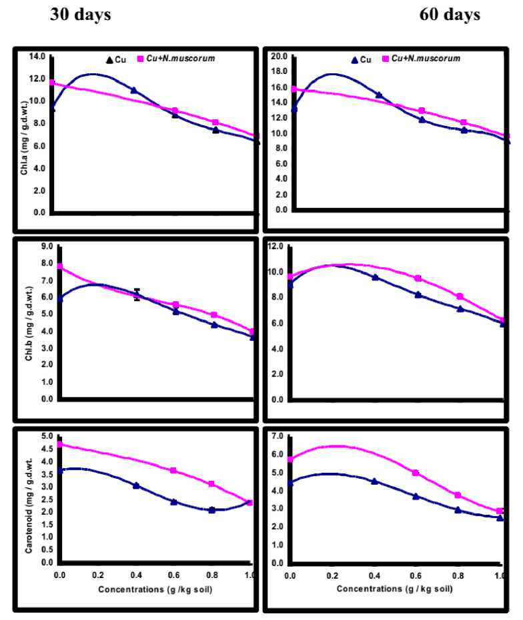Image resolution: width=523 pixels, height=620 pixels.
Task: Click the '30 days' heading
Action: tap(81, 15)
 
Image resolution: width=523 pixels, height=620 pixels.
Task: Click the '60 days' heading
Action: tap(449, 15)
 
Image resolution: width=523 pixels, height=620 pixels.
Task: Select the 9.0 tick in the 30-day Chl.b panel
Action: tap(46, 246)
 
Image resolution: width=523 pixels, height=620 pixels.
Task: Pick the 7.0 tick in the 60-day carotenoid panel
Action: tap(277, 436)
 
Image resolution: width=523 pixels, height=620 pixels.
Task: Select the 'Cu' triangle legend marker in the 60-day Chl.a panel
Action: tap(354, 59)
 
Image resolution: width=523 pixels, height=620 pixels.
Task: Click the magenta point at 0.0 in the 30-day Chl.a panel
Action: tap(52, 83)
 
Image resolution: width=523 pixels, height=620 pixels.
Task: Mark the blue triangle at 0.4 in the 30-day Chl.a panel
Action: tap(133, 90)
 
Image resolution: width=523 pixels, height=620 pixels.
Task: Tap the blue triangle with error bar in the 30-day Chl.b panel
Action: tap(137, 294)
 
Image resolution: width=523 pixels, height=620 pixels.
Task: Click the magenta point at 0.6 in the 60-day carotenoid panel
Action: tap(416, 473)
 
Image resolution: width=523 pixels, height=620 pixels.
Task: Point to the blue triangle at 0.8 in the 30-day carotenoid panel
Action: tap(212, 510)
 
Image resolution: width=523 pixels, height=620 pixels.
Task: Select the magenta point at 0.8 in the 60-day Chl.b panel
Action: tap(460, 296)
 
